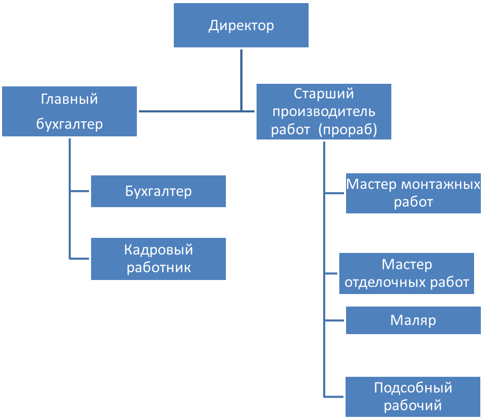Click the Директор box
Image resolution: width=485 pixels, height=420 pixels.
coord(241,26)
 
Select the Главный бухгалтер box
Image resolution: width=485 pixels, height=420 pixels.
coord(69,111)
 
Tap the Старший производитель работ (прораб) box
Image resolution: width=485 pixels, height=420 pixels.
coord(324,111)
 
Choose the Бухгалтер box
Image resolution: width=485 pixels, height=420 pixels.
coord(158,191)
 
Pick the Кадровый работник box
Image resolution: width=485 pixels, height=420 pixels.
coord(158,259)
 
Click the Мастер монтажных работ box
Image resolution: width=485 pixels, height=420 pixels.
coord(413,193)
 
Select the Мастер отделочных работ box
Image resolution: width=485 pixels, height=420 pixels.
coord(406,273)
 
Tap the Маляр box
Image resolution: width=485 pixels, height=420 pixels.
coord(413,320)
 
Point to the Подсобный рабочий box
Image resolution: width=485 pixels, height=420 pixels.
coord(413,396)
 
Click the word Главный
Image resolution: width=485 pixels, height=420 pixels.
coord(69,99)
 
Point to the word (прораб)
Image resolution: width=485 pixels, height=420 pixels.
coord(348,130)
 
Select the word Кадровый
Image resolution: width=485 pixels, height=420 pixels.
coord(158,250)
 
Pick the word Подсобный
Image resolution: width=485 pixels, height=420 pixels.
coord(413,388)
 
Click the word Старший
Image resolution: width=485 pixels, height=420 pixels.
coord(324,94)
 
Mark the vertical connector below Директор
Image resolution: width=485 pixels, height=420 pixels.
coord(241,78)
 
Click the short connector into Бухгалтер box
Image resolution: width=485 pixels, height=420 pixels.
coord(80,192)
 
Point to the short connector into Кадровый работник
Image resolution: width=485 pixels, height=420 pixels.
coord(80,259)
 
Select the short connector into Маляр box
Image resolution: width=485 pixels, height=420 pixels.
coord(334,320)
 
